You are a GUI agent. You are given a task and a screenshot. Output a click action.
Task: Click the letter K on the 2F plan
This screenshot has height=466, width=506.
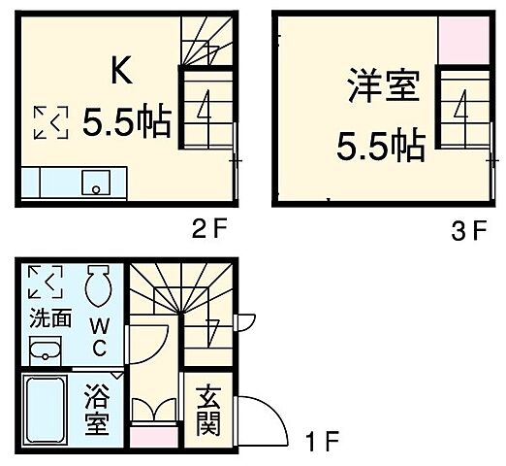tap(121, 71)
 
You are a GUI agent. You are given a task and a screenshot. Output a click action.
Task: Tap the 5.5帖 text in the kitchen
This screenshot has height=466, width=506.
tap(126, 123)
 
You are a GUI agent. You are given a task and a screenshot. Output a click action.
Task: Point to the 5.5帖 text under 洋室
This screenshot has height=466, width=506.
tap(380, 146)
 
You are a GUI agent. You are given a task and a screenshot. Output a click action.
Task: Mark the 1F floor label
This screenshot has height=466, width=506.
tap(324, 445)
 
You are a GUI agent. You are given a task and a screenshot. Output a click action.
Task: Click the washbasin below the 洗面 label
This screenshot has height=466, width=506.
tap(45, 350)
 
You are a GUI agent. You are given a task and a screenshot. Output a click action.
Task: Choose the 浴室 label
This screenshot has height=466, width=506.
tap(96, 411)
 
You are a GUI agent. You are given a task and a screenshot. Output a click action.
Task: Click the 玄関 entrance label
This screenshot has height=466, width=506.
tap(207, 412)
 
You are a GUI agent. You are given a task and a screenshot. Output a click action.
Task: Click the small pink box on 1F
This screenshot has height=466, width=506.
tap(149, 436)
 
